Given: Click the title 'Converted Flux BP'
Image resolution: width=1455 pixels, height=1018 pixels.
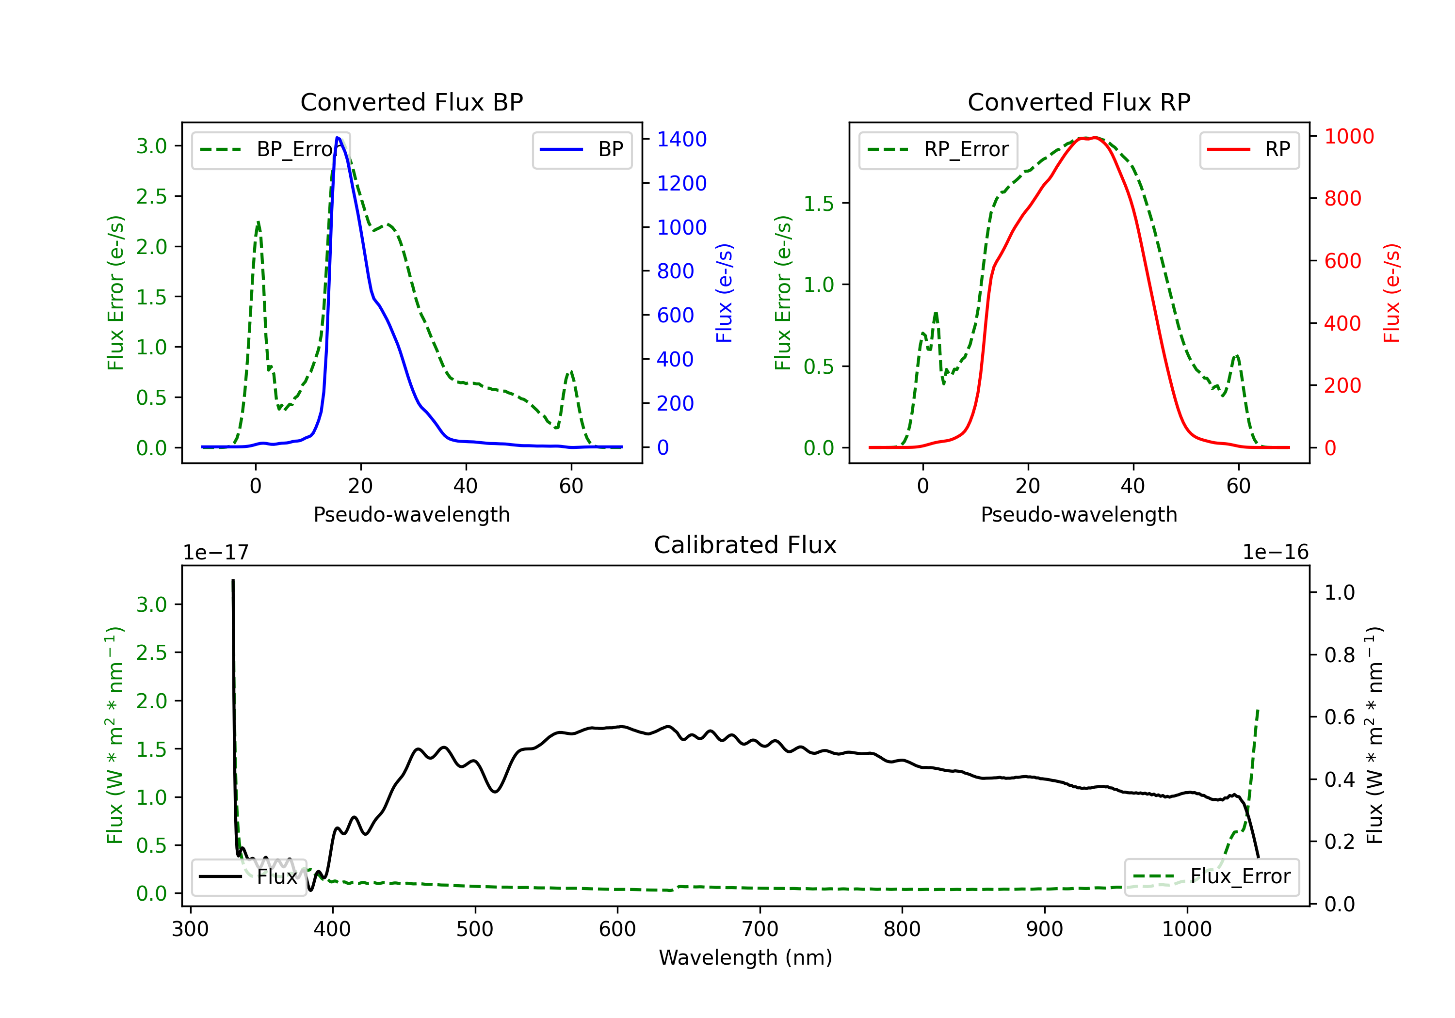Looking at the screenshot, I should (x=411, y=102).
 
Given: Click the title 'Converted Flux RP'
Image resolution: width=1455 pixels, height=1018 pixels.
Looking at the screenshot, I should (x=1079, y=102).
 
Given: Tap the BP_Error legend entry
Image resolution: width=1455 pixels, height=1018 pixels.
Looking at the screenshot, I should (x=271, y=149).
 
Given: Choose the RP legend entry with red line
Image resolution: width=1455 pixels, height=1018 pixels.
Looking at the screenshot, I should (x=1249, y=149).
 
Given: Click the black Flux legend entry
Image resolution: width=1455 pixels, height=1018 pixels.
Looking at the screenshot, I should (x=248, y=877).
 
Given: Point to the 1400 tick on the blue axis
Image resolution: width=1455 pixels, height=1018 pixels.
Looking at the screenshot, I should (x=681, y=139).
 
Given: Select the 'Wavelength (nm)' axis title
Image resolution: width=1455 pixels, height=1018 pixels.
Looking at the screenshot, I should (x=745, y=958).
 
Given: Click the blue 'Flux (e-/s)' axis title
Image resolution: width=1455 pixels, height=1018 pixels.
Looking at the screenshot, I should (x=724, y=293).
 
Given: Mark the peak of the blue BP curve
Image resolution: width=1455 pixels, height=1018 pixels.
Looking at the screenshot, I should (x=338, y=138).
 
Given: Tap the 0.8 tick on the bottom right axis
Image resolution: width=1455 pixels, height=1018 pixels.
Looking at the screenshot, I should (x=1339, y=654).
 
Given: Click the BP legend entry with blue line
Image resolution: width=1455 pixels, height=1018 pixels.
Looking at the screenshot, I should (x=582, y=149).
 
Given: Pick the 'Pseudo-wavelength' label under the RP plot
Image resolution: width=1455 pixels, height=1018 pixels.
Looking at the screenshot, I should (x=1079, y=514).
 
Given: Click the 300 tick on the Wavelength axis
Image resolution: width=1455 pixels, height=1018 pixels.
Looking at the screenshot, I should (x=190, y=929).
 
